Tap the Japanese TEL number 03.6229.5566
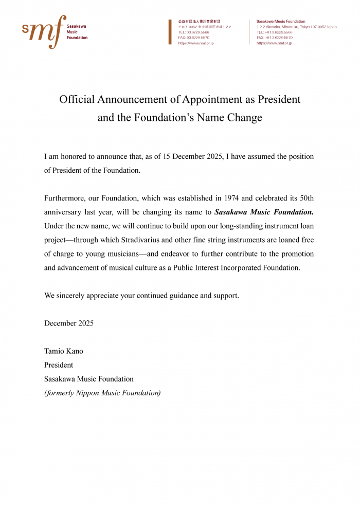pyautogui.click(x=194, y=32)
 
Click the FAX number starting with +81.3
pyautogui.click(x=275, y=38)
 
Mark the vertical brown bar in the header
pyautogui.click(x=170, y=32)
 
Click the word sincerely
pyautogui.click(x=71, y=296)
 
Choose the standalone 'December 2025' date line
pyautogui.click(x=69, y=323)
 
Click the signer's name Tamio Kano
pyautogui.click(x=64, y=351)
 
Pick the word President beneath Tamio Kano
pyautogui.click(x=59, y=365)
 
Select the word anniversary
pyautogui.click(x=64, y=212)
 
